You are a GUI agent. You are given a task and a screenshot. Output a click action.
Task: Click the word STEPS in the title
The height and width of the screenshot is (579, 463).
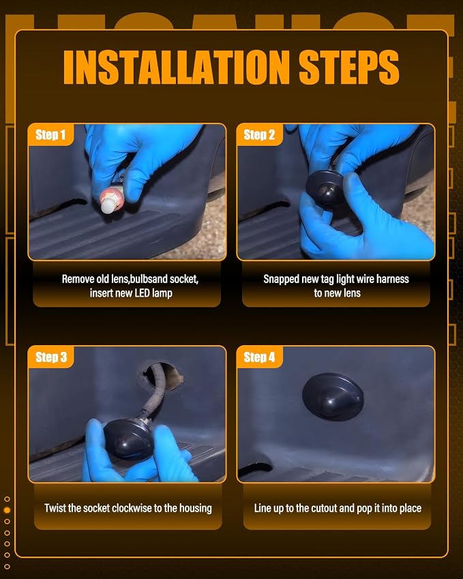(349, 67)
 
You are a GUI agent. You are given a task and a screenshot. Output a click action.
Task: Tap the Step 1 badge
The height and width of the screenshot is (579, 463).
(50, 135)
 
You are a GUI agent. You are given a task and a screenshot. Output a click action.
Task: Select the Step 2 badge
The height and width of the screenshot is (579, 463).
(259, 135)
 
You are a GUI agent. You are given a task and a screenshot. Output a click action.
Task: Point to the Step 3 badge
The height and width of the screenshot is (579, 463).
(51, 357)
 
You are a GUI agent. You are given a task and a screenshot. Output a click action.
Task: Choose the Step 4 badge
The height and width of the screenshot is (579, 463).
(259, 357)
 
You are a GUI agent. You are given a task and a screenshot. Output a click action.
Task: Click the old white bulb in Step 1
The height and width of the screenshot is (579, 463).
(110, 201)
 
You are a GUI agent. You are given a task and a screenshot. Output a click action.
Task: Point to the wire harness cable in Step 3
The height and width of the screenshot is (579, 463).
(151, 399)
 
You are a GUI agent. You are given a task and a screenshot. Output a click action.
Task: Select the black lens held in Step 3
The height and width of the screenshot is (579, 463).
(128, 439)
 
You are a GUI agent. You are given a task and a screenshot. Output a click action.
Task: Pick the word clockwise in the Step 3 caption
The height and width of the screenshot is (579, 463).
(132, 508)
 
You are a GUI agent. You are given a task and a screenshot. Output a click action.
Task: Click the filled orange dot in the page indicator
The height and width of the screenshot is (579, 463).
(7, 510)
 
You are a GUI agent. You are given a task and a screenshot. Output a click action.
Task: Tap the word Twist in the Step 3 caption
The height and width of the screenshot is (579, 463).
(55, 508)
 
